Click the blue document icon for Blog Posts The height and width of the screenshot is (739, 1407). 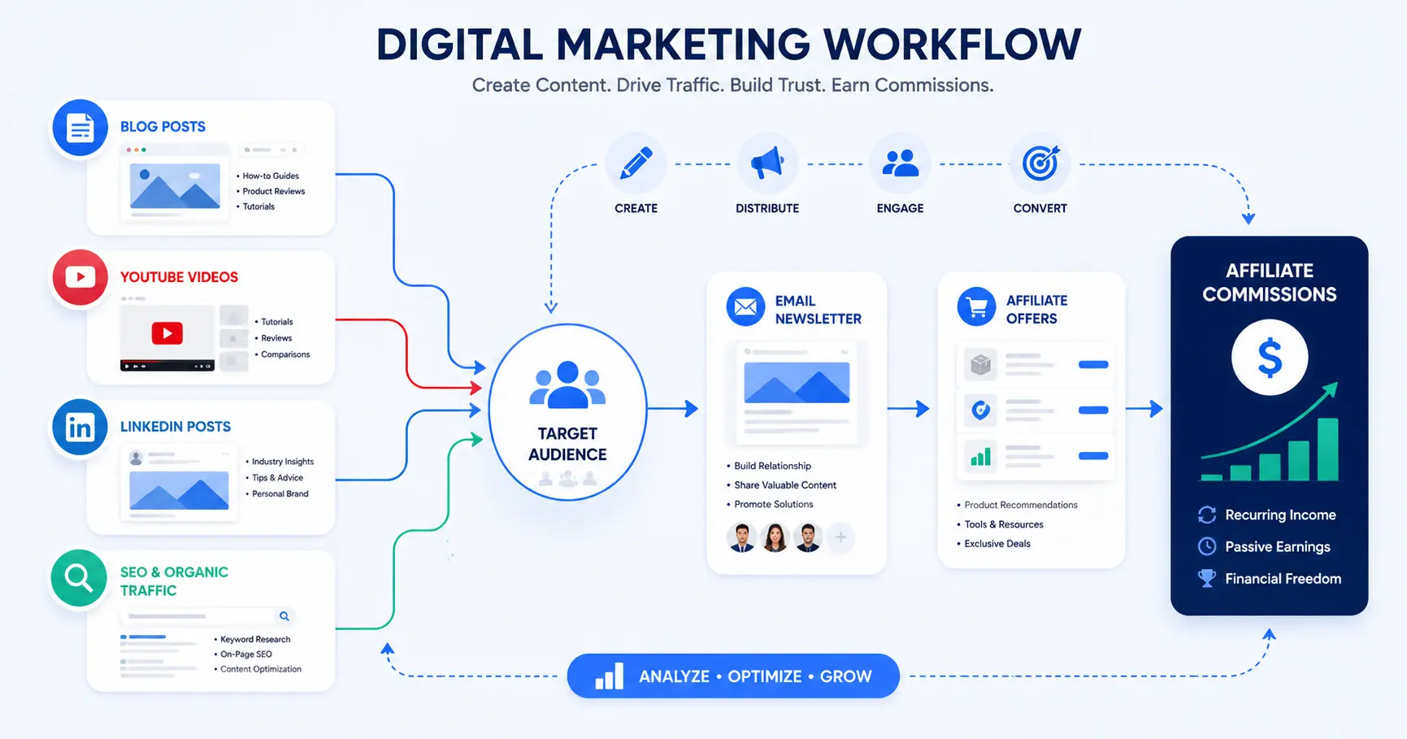click(80, 128)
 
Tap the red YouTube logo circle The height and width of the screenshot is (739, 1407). click(80, 277)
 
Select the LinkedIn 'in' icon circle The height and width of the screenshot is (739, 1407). click(80, 428)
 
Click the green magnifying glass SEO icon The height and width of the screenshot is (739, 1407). click(79, 578)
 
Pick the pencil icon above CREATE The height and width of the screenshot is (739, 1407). click(636, 163)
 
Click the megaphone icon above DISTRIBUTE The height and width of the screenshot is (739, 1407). click(767, 163)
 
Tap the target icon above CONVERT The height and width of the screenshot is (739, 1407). click(1040, 163)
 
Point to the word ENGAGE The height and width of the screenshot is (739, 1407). click(900, 208)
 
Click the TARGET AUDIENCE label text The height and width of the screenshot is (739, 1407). click(567, 444)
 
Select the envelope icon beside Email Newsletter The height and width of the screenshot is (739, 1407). click(745, 307)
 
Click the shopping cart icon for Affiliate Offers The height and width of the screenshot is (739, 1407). click(977, 307)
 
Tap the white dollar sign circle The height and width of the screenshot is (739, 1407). click(1270, 357)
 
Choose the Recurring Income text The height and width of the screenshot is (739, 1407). click(1280, 515)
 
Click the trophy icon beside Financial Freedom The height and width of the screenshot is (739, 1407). click(1207, 578)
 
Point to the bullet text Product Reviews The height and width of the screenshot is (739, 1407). click(273, 191)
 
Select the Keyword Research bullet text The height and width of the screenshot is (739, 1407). click(255, 639)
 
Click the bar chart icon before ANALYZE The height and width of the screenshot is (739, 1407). click(610, 676)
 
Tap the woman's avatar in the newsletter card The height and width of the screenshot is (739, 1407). click(775, 537)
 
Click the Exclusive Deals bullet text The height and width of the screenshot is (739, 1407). click(997, 544)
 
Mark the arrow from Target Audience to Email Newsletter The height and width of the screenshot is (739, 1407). click(673, 408)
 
